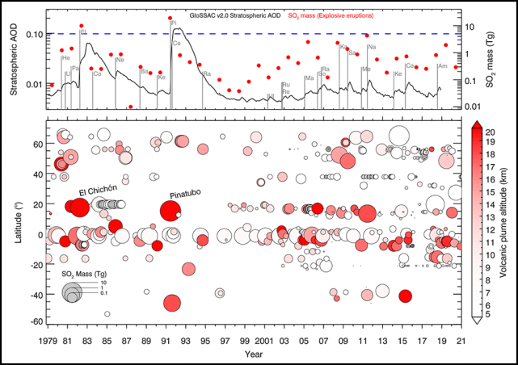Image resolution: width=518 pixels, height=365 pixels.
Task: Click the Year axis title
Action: point(255,355)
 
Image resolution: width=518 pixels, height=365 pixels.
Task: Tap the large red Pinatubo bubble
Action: point(171,211)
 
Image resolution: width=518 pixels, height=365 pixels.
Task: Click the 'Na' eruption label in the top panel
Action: point(372,47)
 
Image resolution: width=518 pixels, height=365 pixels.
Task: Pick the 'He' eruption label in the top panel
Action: point(65,58)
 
